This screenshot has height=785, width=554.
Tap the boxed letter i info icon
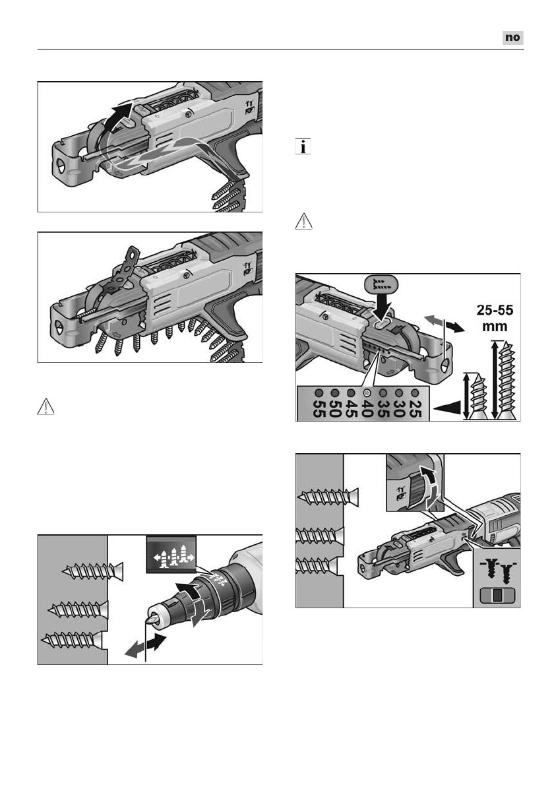pos(303,147)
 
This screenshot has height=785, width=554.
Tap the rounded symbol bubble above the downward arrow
pos(379,286)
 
